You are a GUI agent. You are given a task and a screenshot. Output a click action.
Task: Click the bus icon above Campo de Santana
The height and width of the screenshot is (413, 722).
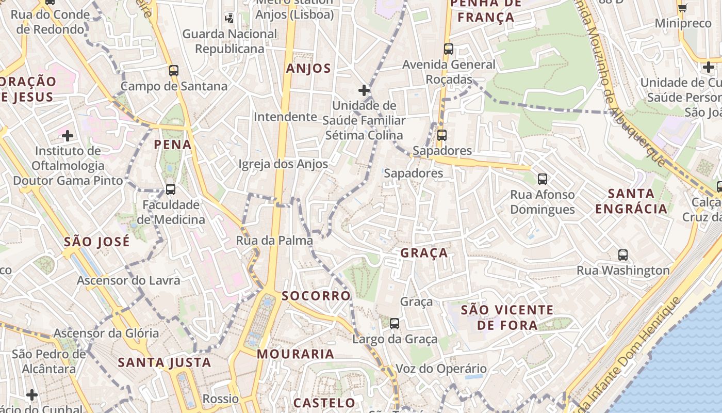tap(174, 71)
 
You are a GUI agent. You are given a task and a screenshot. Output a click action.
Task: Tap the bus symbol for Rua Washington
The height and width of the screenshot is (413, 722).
tap(623, 255)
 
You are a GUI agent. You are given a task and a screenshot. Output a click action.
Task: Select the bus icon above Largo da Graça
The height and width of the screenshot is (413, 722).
tap(395, 324)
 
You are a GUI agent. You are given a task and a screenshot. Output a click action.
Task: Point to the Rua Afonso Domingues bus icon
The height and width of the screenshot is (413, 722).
tap(543, 179)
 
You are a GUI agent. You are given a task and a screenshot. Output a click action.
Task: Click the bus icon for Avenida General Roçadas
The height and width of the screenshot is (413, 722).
tap(449, 49)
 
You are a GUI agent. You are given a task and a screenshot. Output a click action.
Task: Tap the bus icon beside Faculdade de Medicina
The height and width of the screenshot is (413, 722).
tap(171, 189)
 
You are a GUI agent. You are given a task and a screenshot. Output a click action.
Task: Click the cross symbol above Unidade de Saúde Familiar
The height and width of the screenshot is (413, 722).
tap(364, 90)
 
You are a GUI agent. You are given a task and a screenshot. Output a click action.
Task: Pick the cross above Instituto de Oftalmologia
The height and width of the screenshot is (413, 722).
tap(68, 136)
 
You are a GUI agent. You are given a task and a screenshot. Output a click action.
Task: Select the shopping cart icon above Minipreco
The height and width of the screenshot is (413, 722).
tap(683, 8)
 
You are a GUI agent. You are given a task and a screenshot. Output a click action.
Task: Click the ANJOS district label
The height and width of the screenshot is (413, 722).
tap(308, 69)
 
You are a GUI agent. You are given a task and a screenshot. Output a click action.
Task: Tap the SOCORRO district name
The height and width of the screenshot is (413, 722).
tap(316, 296)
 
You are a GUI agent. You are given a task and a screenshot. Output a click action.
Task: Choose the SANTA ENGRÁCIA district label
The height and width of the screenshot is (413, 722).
tap(631, 201)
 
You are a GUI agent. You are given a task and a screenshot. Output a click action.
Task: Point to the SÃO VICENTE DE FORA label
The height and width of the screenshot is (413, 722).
tap(507, 317)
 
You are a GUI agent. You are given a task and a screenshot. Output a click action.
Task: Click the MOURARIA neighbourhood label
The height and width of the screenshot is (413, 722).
tap(296, 354)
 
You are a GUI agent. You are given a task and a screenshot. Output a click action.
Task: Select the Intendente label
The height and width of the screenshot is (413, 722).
tap(285, 117)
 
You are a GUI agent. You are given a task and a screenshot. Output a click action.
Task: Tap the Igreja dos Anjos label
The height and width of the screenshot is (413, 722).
tap(283, 164)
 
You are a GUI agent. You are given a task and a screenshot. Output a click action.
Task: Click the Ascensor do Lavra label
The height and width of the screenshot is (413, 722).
tap(128, 280)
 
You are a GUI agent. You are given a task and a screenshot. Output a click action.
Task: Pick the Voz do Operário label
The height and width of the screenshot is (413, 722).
tap(441, 369)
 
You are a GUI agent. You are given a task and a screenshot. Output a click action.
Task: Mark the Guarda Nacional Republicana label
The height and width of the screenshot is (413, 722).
tap(230, 41)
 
